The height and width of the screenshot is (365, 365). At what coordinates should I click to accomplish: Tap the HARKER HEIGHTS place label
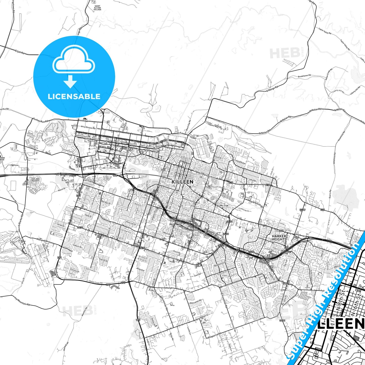[279, 238]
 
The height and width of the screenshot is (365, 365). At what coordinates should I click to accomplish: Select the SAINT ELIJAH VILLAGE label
[97, 8]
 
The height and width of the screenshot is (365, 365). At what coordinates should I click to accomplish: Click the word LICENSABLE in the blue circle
[74, 96]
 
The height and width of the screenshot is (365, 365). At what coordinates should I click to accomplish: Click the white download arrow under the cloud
[70, 81]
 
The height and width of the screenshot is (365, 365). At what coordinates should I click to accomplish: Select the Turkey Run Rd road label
[40, 120]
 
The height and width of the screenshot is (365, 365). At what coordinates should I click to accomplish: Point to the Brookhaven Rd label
[304, 76]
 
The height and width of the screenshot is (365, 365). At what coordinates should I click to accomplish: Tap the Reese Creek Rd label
[96, 282]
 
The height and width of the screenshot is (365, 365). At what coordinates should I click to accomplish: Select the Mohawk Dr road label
[42, 240]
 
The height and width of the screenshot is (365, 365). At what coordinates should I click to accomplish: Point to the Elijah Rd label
[19, 52]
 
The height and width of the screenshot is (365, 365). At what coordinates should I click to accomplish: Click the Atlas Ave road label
[140, 270]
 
